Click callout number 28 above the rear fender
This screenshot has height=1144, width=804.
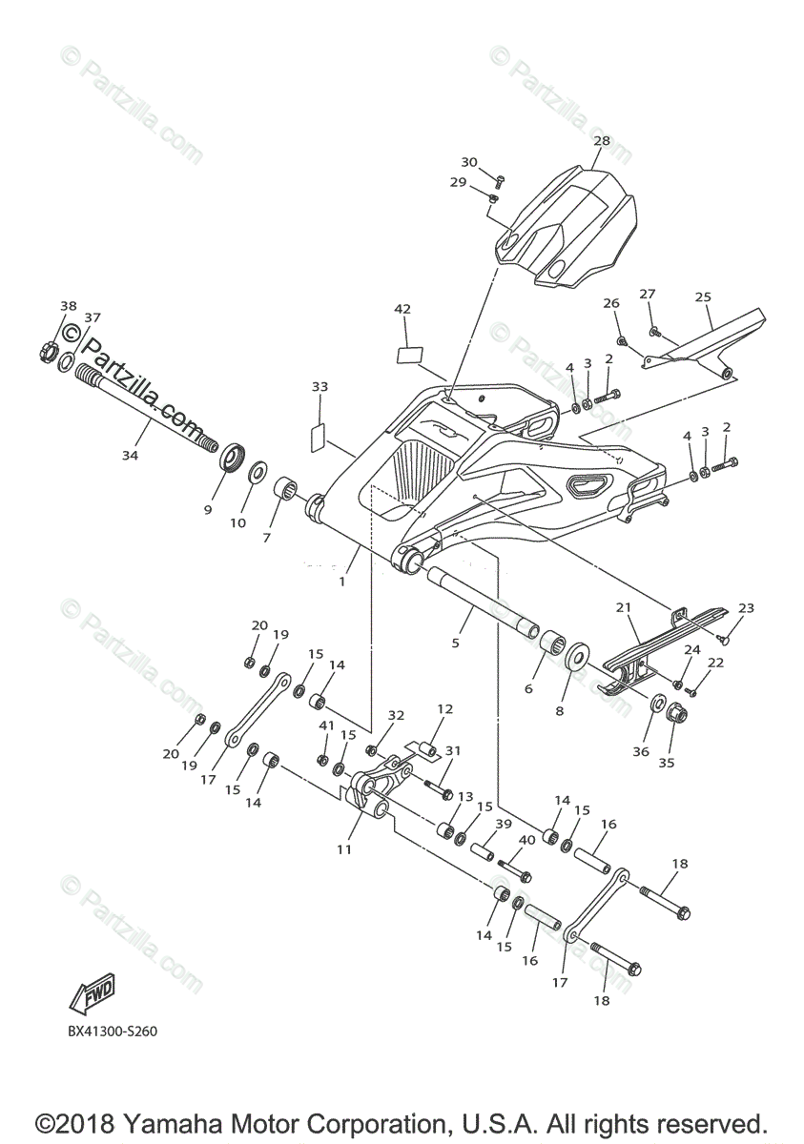click(601, 140)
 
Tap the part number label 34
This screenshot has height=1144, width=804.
click(130, 456)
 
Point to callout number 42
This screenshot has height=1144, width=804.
click(402, 309)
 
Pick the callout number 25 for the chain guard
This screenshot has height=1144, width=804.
click(703, 297)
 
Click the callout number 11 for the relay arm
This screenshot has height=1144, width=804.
click(344, 848)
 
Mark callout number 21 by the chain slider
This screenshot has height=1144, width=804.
click(624, 607)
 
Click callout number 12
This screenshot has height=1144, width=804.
click(445, 709)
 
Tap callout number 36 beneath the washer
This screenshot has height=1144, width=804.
click(641, 752)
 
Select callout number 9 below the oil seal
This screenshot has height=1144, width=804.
click(207, 510)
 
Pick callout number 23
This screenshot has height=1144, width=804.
click(746, 608)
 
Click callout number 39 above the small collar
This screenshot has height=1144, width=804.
click(504, 824)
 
